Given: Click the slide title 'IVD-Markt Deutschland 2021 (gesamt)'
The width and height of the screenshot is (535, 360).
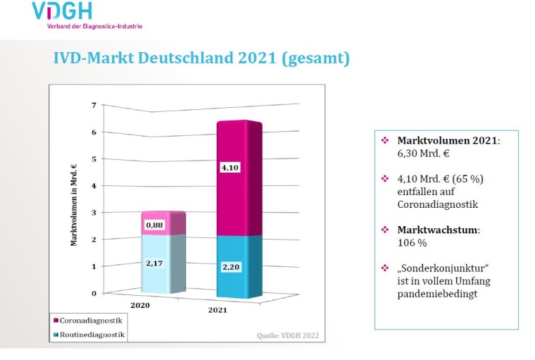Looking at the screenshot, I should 201,58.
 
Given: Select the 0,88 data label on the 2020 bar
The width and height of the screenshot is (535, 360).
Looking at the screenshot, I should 155,225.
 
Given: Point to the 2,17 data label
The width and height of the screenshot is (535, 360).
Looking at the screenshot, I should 155,263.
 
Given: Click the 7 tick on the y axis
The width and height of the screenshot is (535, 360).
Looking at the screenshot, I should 94,105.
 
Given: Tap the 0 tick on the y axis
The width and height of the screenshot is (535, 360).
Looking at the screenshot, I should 94,293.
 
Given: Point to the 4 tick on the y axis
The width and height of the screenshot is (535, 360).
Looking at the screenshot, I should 94,185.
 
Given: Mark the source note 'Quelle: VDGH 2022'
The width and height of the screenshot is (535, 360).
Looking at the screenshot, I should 288,336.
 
